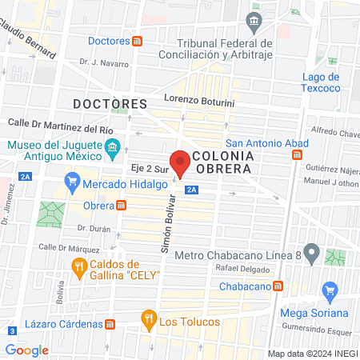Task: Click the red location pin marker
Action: pos(181,161)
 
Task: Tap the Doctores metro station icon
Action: pos(138,41)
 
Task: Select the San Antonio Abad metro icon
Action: pos(297,154)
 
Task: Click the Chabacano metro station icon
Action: pos(278,286)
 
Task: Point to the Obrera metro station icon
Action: pos(122,205)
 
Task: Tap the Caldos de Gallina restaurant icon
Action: pos(78,270)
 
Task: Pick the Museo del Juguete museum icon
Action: pos(113,148)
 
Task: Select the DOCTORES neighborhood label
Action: pos(110,104)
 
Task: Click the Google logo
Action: pos(26,350)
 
